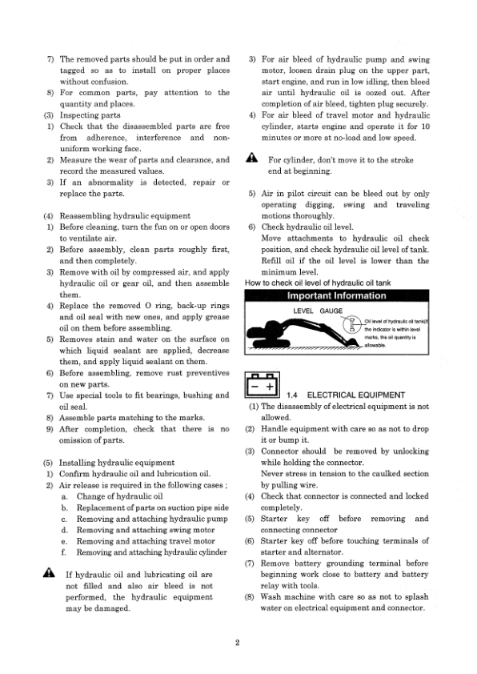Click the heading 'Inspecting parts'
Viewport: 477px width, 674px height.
[x=90, y=115]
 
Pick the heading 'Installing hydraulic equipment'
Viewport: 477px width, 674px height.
[x=120, y=463]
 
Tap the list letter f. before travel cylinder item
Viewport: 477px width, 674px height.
[x=64, y=552]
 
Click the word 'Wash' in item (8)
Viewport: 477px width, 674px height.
[x=272, y=597]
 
